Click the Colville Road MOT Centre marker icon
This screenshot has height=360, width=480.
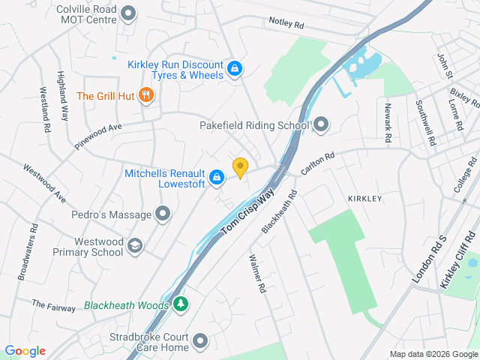pos(129,13)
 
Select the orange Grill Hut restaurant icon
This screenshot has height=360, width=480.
pos(147,96)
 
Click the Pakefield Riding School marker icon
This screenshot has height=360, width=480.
pos(322,124)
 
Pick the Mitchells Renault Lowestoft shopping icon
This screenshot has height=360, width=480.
pos(217,177)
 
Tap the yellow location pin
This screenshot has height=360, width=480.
pos(240,167)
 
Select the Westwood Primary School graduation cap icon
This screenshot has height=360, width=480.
pos(135,247)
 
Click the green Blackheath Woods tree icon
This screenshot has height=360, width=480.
pos(180,304)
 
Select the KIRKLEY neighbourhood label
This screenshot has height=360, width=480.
pos(365,198)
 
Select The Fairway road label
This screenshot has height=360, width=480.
pos(53,306)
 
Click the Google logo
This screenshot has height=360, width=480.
pos(25,350)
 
